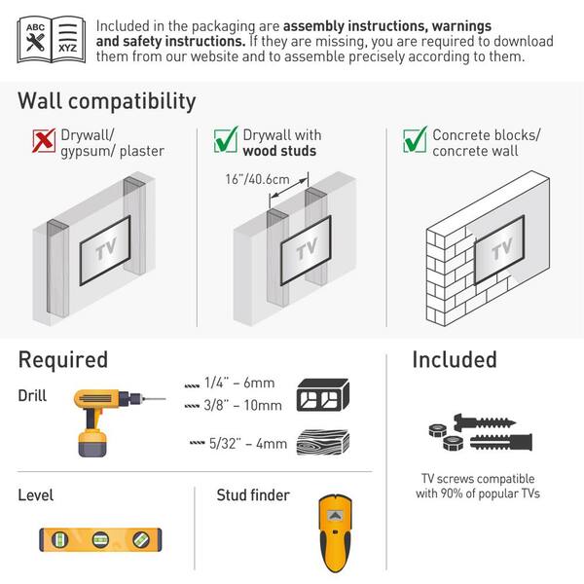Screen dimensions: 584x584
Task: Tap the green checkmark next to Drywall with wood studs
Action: tap(225, 143)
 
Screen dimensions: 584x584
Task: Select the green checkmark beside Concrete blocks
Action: tap(415, 143)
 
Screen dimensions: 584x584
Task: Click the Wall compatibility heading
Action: tap(107, 100)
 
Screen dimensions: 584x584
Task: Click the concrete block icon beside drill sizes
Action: tap(322, 394)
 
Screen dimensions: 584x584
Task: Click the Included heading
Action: tap(454, 359)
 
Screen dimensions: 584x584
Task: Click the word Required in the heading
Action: tap(63, 359)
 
